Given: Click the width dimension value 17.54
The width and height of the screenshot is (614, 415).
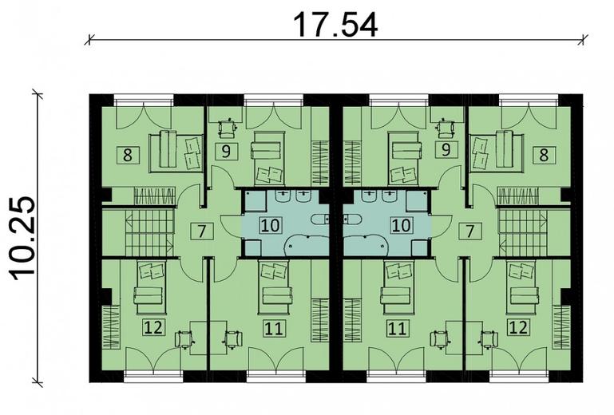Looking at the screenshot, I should pos(335,24).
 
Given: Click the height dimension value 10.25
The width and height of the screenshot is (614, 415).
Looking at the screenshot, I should pos(26,237).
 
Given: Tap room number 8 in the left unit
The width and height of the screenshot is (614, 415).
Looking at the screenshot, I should pos(126,155).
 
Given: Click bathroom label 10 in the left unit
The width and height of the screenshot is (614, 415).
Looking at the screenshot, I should pos(270,224).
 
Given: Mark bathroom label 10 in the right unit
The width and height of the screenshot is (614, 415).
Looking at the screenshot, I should pos(400,224).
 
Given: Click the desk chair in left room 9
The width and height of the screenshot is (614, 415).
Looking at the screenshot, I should pos(229,126).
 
